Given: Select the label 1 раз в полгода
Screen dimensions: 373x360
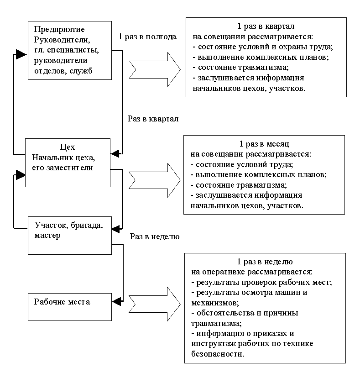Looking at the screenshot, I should pos(147,37).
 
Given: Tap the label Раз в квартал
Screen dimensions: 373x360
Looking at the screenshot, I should pos(153,119).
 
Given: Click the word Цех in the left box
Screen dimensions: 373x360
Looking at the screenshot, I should pos(67,147).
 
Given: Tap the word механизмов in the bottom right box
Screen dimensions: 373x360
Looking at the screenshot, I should pos(211,302).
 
